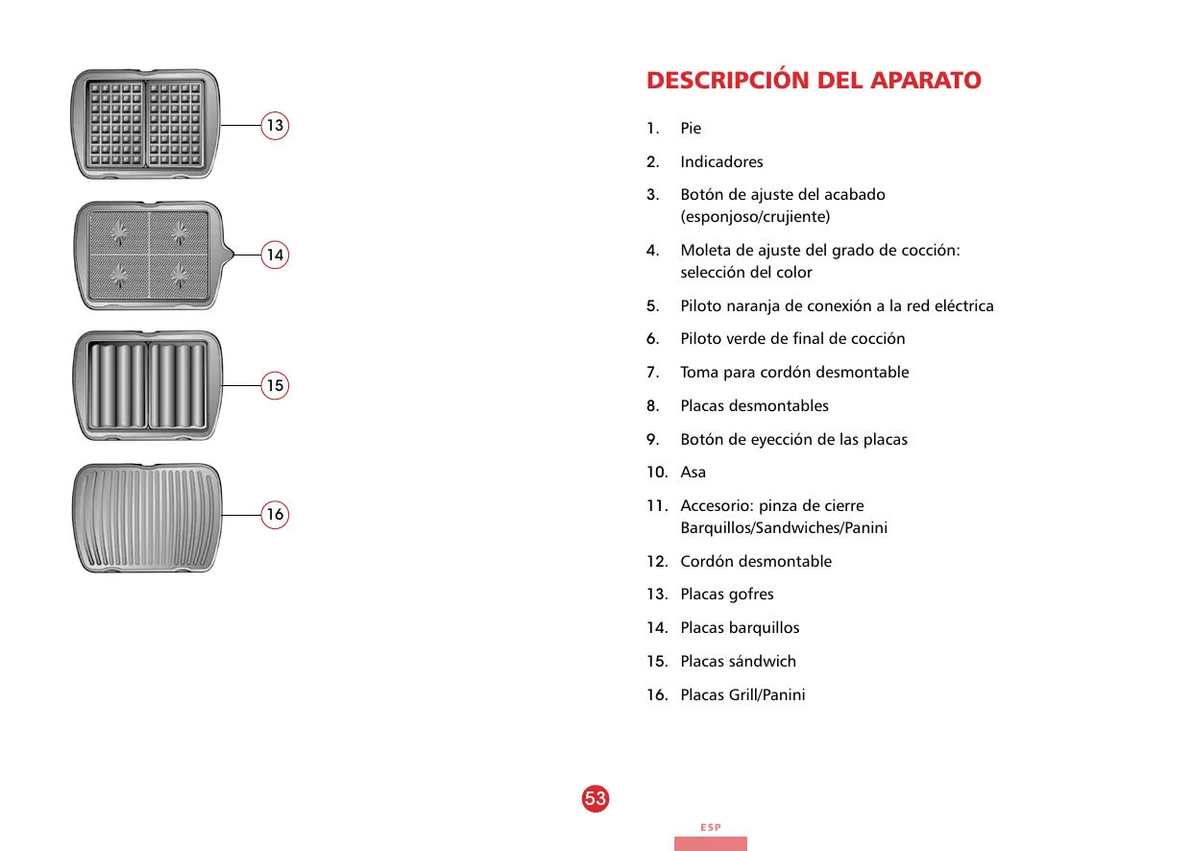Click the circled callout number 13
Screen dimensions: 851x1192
[276, 125]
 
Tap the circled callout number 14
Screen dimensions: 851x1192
[276, 255]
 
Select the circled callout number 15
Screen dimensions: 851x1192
[276, 385]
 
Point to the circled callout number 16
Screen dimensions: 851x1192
[276, 515]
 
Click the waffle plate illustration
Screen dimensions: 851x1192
[146, 125]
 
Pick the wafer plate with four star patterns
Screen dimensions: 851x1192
[149, 255]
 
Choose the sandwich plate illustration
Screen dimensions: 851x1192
[147, 385]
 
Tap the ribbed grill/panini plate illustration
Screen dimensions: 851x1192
[147, 519]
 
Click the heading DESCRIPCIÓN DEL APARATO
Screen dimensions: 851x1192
[814, 81]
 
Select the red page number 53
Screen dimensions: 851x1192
[596, 798]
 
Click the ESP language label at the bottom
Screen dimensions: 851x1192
[710, 827]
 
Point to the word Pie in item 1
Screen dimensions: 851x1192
[691, 129]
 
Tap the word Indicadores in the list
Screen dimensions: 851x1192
[721, 161]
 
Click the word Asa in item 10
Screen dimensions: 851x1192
[693, 472]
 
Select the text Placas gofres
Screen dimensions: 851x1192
[726, 595]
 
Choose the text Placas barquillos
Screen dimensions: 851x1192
[740, 627]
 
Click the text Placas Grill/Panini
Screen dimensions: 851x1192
[742, 694]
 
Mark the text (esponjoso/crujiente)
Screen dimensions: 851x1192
[755, 216]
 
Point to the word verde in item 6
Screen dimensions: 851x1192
[749, 338]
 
